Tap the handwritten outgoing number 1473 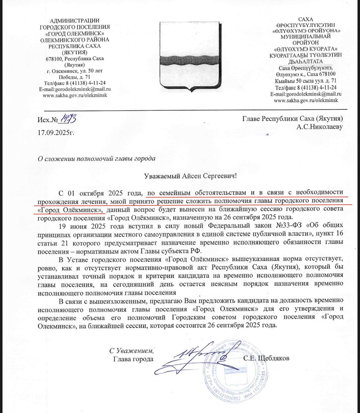(x=69, y=119)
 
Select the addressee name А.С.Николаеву (x=320, y=127)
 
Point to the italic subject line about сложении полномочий (x=96, y=159)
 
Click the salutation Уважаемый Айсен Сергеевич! (x=190, y=176)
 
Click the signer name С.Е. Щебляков (x=267, y=358)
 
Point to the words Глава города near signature (x=133, y=359)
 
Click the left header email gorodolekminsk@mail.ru (x=75, y=89)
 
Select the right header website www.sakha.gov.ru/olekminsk (x=306, y=100)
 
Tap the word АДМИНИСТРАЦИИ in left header (x=75, y=21)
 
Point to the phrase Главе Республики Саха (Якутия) (x=293, y=119)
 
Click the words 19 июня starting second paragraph (x=71, y=225)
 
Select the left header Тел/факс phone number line (x=75, y=83)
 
